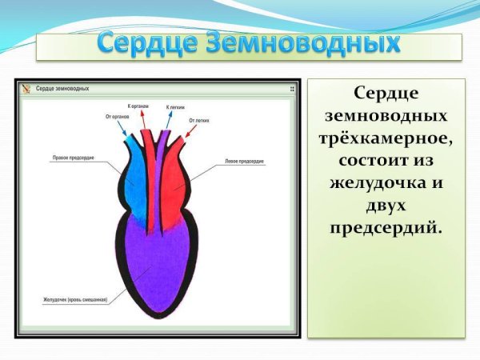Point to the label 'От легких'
click(x=198, y=120)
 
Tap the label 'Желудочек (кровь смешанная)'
click(x=75, y=300)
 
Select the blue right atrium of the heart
click(x=137, y=184)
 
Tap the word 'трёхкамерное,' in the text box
click(x=386, y=138)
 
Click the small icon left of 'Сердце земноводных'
click(x=26, y=89)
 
